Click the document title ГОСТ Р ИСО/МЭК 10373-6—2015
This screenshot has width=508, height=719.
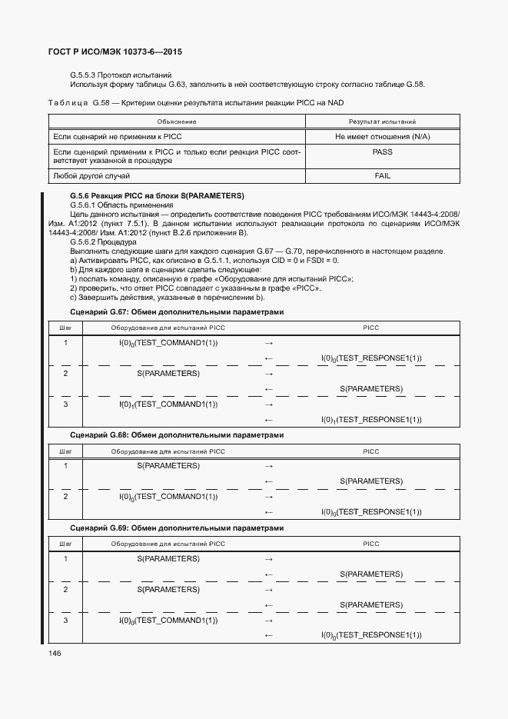115,52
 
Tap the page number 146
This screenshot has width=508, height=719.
55,653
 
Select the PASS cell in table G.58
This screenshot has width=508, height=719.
382,152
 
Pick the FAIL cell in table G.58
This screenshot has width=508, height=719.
382,176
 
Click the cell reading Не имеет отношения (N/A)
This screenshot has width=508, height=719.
382,136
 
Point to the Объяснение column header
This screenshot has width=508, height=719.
177,121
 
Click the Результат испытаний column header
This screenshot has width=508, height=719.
382,121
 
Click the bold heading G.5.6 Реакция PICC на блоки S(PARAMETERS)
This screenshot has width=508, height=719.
157,196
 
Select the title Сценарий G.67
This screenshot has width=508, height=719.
177,312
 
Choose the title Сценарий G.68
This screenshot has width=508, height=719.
177,435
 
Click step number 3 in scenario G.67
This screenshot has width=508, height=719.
65,404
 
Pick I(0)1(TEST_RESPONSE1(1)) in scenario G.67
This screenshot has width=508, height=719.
371,420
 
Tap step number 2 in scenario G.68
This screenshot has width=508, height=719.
65,497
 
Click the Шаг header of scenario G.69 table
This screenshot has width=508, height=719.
65,544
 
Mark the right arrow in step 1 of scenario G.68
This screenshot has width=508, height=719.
269,466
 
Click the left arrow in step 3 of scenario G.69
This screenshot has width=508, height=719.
269,636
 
